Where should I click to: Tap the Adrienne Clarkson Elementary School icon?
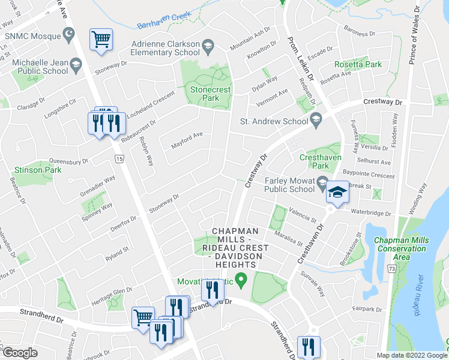point(208,44)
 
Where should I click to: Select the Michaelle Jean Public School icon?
point(75,63)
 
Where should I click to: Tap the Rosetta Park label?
point(359,64)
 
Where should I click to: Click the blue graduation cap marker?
point(336,193)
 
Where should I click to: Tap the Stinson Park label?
point(31,170)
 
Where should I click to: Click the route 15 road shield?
point(119,158)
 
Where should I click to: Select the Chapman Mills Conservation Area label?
point(401,248)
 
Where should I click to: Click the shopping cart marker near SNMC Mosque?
point(101,39)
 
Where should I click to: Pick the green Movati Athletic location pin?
point(241,279)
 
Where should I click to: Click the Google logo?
point(19,353)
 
